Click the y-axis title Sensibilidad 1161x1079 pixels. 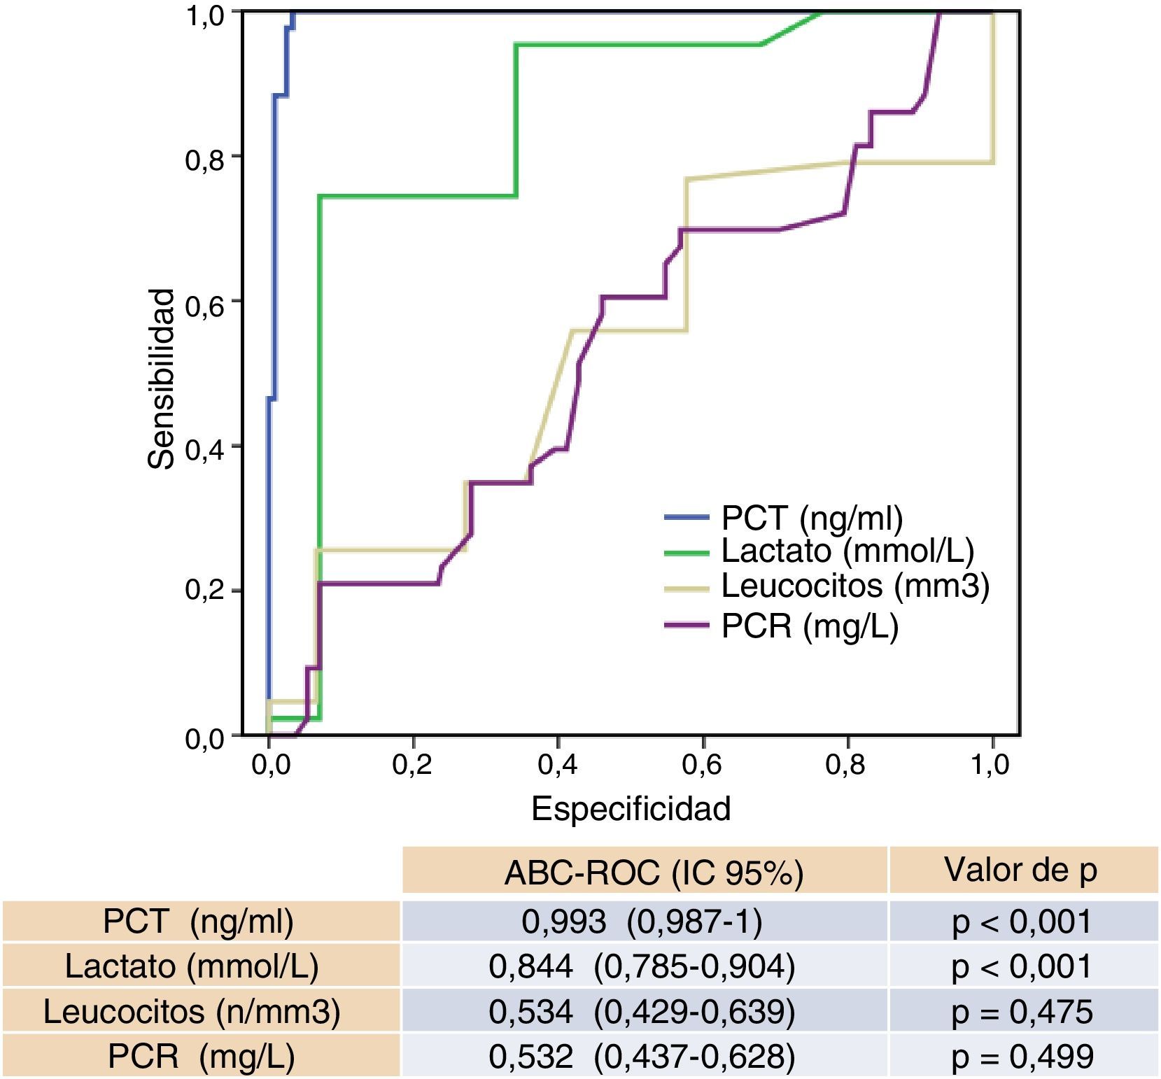click(162, 379)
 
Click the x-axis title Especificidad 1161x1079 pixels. click(631, 809)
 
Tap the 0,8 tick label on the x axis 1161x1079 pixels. click(845, 765)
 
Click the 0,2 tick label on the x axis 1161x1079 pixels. click(412, 765)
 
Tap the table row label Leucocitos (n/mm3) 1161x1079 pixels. click(192, 1011)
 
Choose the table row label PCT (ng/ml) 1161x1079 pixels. click(198, 921)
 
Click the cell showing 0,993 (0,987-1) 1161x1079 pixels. click(642, 921)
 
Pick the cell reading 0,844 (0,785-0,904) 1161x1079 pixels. click(642, 966)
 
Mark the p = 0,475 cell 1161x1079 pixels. click(1022, 1011)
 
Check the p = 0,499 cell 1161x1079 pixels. click(1022, 1056)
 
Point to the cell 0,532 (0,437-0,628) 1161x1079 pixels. click(642, 1056)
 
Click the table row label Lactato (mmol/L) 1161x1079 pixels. click(192, 966)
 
